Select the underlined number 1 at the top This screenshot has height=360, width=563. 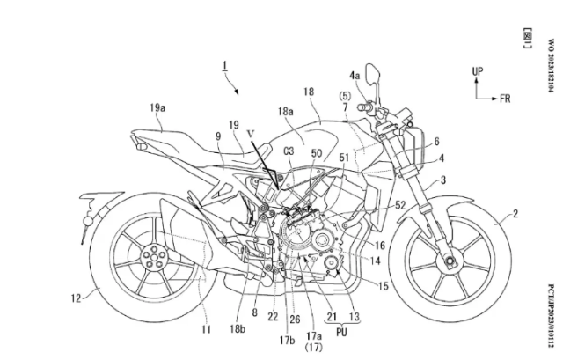[x=225, y=64]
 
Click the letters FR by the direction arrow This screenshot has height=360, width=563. [x=505, y=99]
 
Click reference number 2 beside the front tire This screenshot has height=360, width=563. [x=516, y=213]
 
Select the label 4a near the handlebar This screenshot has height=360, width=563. [x=355, y=77]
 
